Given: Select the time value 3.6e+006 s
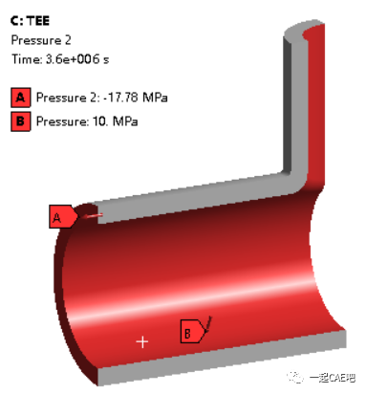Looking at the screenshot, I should pos(80,59).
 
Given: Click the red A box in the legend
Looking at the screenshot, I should pos(19,97).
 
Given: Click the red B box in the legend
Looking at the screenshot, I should pos(19,121).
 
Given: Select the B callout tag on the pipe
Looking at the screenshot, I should pos(193,332).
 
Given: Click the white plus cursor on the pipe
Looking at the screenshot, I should pos(142,340).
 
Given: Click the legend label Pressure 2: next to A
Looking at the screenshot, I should pos(66,97).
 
